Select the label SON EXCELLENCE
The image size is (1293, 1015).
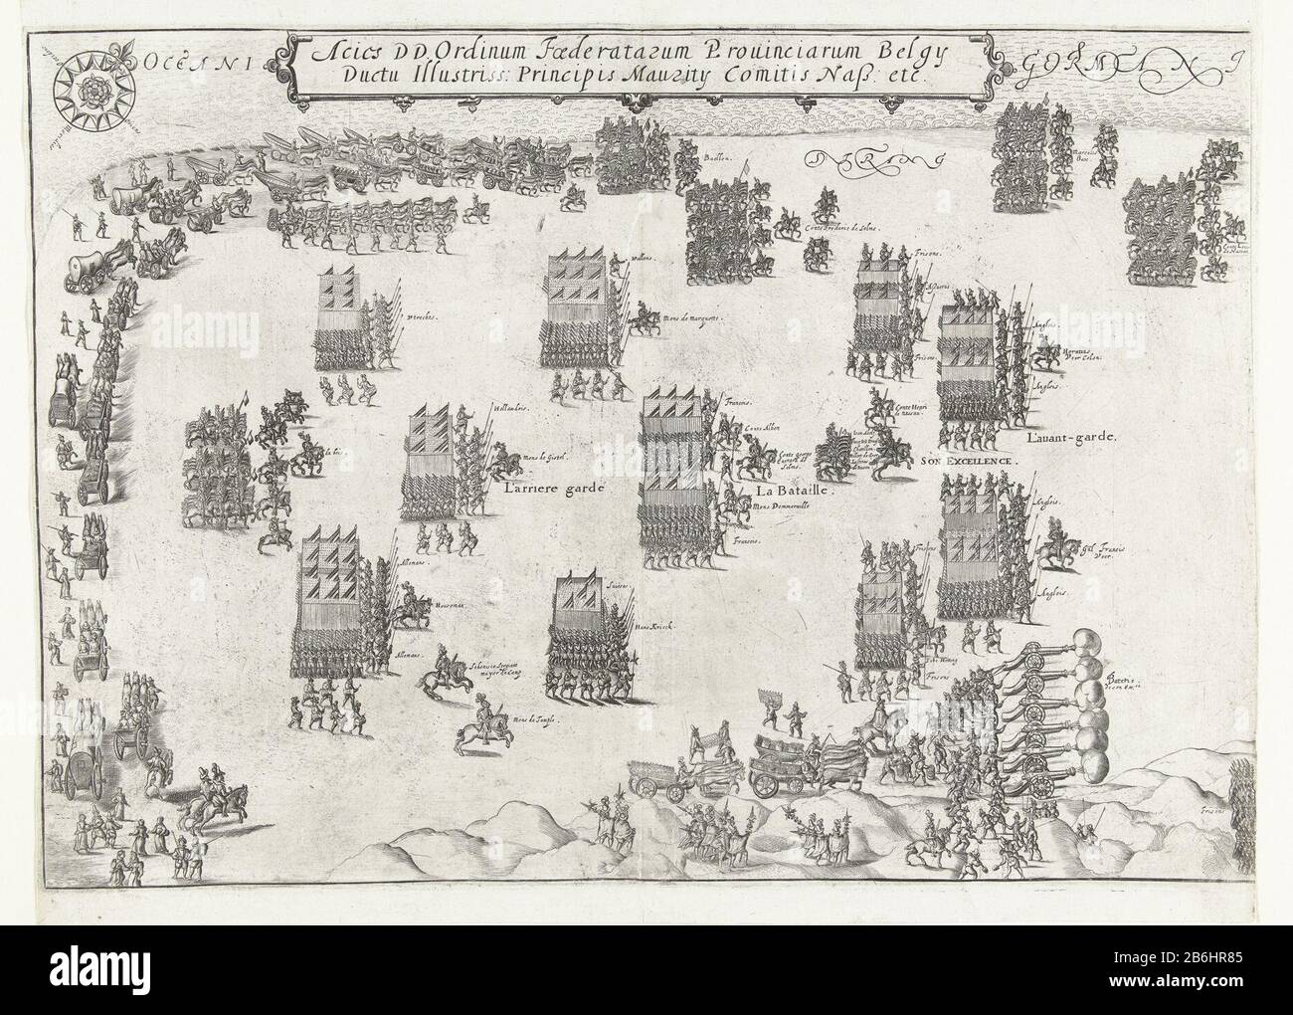(966, 462)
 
